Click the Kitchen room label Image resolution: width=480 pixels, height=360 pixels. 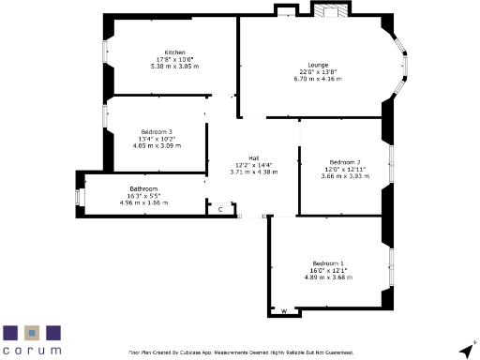[x=174, y=52]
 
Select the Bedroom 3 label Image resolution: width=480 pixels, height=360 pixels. [x=157, y=132]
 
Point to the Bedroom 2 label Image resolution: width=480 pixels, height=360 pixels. [x=345, y=162]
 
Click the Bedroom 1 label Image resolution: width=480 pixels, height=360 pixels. [x=328, y=262]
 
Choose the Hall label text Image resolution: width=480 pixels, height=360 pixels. [x=253, y=158]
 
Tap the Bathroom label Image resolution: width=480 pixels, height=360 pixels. [x=143, y=189]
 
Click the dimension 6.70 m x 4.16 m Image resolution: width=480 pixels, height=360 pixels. [x=318, y=80]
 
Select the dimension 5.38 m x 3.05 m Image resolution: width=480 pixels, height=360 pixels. [x=174, y=67]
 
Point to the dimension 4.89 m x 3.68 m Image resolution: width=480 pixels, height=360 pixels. [x=328, y=277]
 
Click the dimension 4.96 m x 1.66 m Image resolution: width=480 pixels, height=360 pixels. [x=143, y=202]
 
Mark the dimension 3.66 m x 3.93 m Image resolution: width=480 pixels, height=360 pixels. [x=345, y=176]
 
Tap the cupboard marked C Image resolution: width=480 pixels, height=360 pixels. [x=219, y=209]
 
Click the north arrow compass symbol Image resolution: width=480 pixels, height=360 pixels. [x=464, y=349]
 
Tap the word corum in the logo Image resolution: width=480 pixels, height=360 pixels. [x=32, y=350]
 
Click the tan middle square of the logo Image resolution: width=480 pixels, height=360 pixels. [x=32, y=333]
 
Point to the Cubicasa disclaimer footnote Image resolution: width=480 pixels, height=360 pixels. [x=240, y=352]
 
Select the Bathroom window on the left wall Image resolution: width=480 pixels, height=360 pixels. [x=78, y=197]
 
